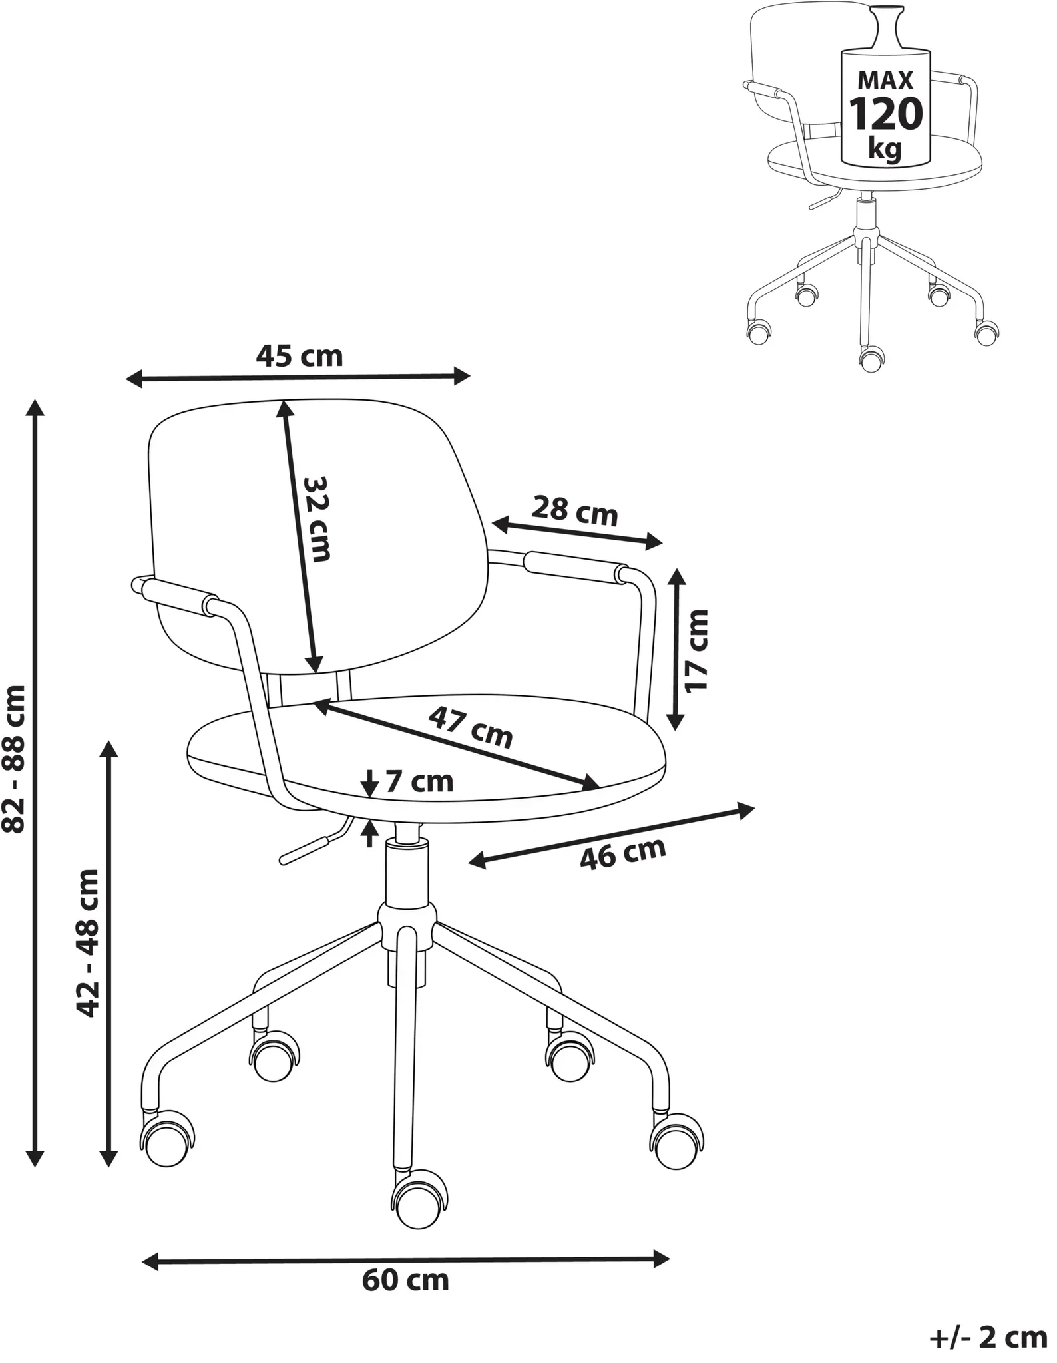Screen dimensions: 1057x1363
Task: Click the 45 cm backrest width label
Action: coord(300,356)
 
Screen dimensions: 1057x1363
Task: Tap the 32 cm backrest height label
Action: coord(317,518)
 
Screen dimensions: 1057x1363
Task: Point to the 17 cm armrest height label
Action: coord(697,650)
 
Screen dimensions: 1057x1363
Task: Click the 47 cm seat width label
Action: coord(471,727)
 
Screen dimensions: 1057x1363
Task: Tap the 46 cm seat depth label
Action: coord(622,853)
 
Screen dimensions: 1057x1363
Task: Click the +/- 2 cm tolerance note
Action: coord(988,1338)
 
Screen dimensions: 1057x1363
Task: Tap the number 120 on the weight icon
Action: coord(885,114)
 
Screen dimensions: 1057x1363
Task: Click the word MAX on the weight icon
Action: coord(885,80)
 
